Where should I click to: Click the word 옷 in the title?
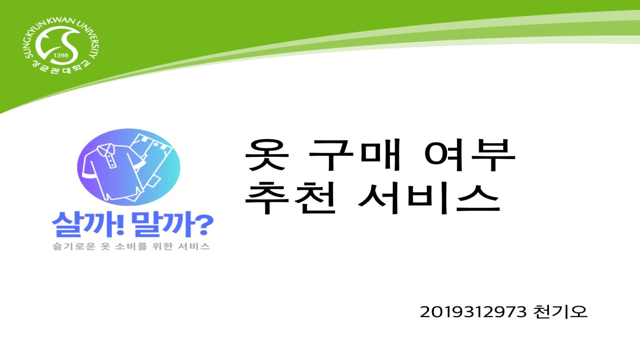pos(266,155)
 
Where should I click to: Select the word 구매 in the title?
pos(354,155)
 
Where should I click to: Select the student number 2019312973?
pos(473,312)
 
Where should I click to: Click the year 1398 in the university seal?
pos(61,55)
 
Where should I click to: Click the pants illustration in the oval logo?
pos(154,160)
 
